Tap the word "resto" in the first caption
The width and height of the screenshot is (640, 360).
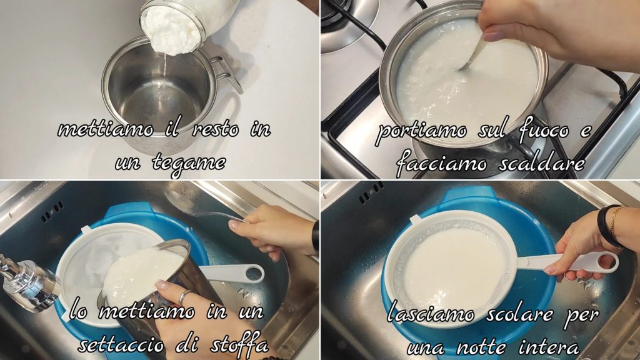pyautogui.click(x=215, y=129)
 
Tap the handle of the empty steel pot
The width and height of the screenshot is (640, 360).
pyautogui.click(x=226, y=74)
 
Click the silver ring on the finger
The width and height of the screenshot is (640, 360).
pyautogui.click(x=184, y=296)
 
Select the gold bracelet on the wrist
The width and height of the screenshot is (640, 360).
pyautogui.click(x=614, y=224)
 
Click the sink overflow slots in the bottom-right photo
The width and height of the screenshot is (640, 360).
pyautogui.click(x=371, y=191)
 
